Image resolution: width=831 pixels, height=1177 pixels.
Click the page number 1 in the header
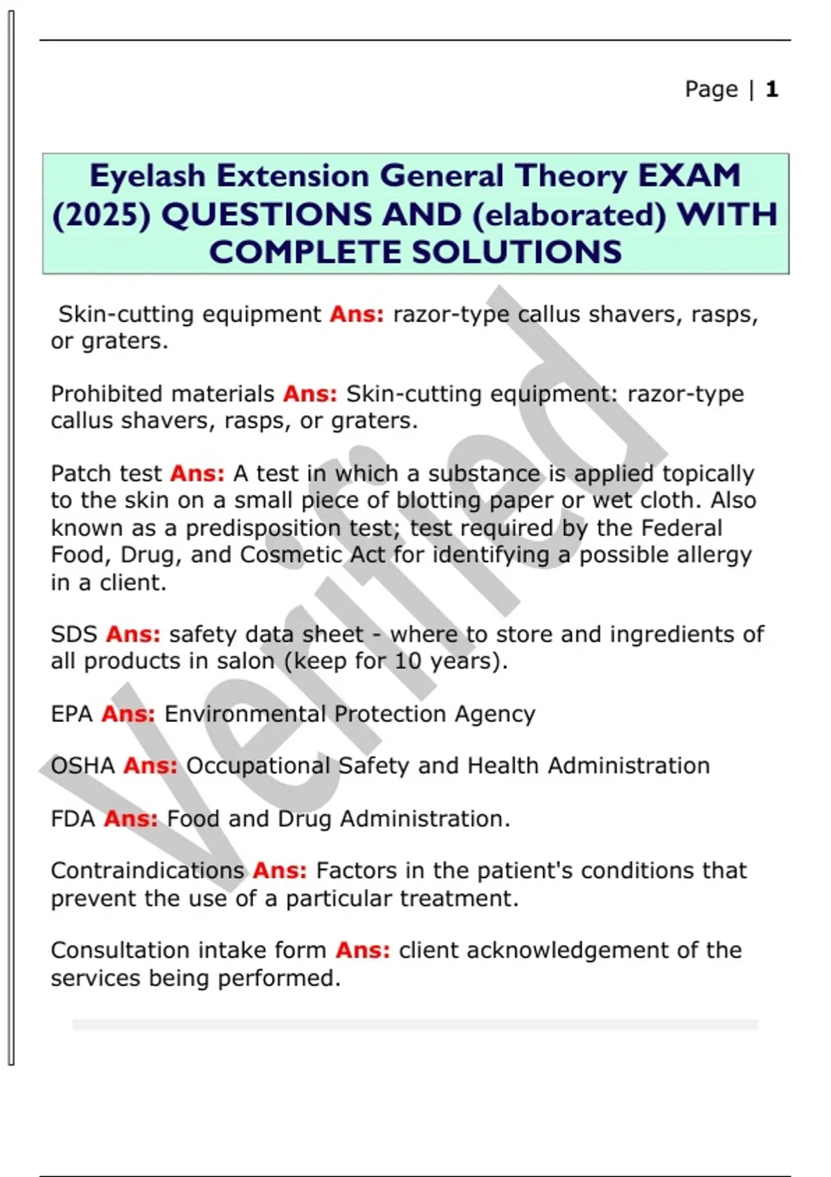tap(772, 89)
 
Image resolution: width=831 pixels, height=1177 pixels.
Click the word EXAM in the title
tap(689, 176)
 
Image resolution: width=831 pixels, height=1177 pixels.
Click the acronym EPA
tap(71, 714)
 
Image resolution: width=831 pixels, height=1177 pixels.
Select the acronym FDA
tap(73, 819)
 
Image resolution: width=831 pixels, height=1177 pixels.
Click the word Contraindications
tap(148, 871)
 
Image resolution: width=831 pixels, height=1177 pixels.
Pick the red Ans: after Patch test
tap(197, 474)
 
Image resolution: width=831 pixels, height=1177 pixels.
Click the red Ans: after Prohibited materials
tap(310, 394)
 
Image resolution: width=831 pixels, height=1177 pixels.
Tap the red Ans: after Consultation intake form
tap(363, 951)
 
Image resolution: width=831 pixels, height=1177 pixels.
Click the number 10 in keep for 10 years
tap(408, 661)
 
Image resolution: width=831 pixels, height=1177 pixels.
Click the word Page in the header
tap(711, 89)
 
